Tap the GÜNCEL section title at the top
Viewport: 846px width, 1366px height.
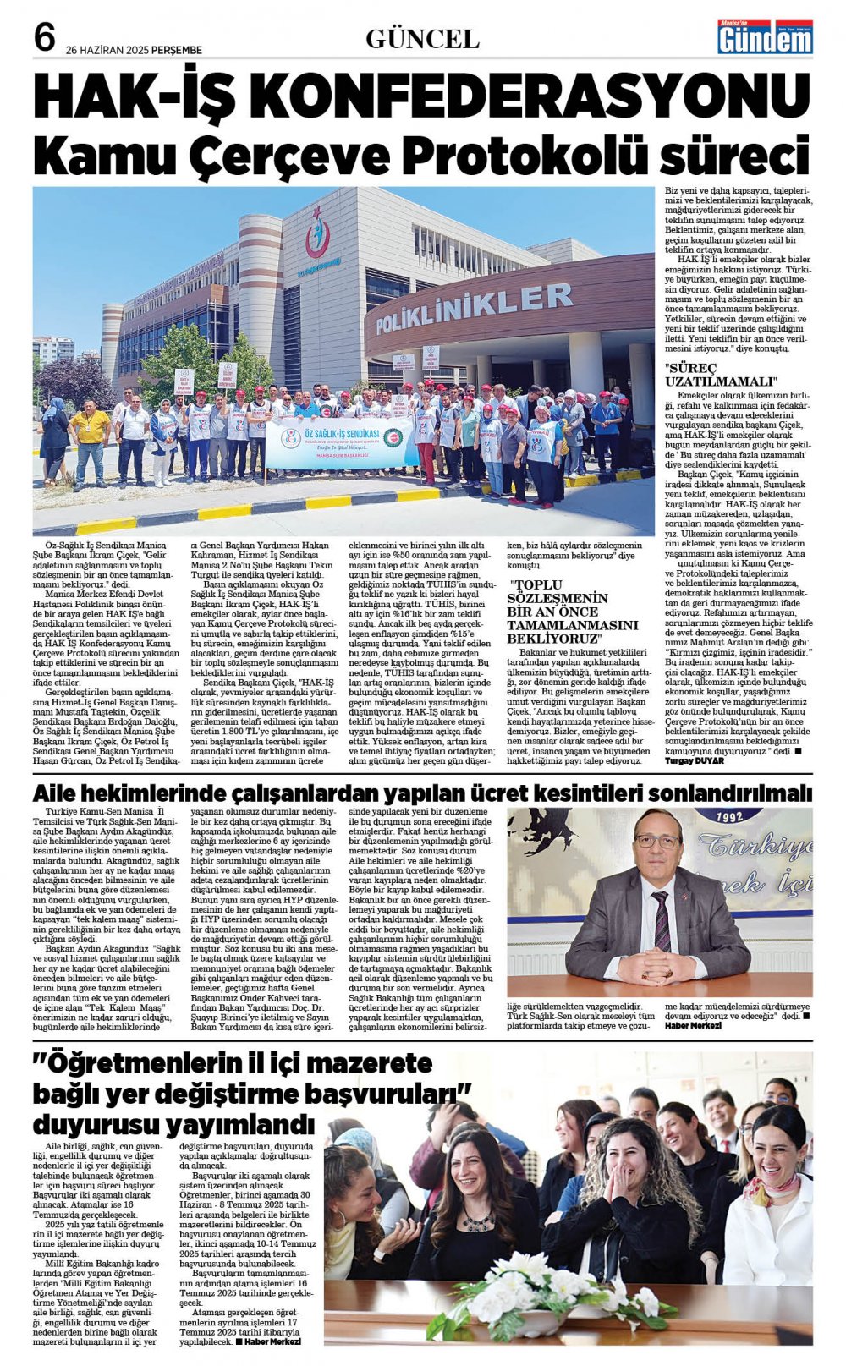coord(422,39)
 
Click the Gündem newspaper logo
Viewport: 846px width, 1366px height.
coord(765,37)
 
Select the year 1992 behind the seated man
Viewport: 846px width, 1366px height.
coord(728,817)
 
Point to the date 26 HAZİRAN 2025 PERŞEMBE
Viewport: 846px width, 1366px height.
coord(134,50)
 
